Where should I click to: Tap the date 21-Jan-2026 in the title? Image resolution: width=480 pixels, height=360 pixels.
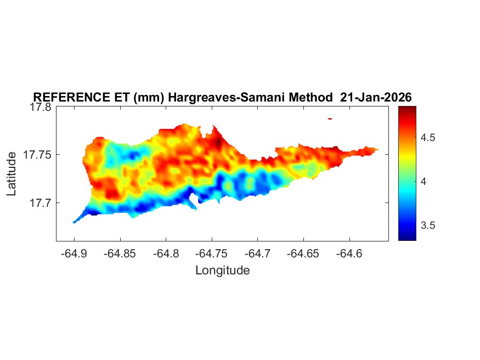pyautogui.click(x=376, y=97)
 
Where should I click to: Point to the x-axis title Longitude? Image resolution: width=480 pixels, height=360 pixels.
pyautogui.click(x=222, y=270)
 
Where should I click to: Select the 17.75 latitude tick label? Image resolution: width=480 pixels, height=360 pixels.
pyautogui.click(x=37, y=155)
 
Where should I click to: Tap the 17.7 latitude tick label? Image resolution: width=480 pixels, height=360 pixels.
pyautogui.click(x=39, y=203)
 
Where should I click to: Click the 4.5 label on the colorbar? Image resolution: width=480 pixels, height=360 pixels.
pyautogui.click(x=428, y=138)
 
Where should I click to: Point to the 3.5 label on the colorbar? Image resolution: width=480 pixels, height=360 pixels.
pyautogui.click(x=428, y=226)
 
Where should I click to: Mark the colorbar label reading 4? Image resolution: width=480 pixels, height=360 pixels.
pyautogui.click(x=423, y=182)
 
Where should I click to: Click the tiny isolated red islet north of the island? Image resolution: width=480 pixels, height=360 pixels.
pyautogui.click(x=330, y=118)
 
